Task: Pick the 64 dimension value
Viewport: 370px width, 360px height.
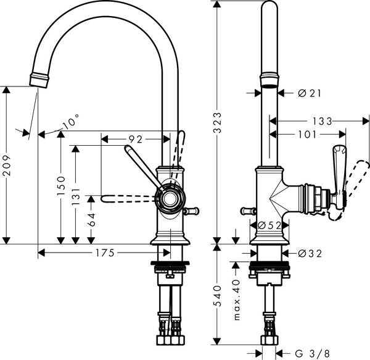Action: [x=91, y=219]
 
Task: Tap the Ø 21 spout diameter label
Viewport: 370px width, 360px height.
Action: [x=310, y=93]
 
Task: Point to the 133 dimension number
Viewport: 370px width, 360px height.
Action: [x=321, y=120]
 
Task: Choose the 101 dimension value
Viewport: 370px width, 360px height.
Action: [x=306, y=133]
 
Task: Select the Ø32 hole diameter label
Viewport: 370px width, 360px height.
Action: [x=310, y=253]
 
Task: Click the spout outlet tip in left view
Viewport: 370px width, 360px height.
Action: [x=38, y=79]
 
